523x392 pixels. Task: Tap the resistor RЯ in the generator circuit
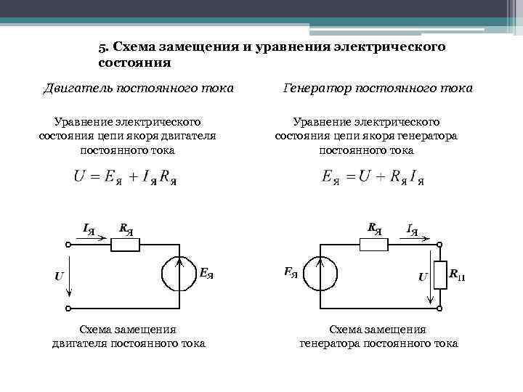pos(374,245)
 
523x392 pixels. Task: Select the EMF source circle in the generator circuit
pos(320,274)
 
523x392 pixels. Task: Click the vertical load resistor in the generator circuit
pos(439,274)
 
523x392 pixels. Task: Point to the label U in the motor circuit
pos(58,276)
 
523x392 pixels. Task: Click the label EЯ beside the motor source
pos(206,274)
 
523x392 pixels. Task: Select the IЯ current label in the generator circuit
pos(412,230)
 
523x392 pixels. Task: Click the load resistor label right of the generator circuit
pos(457,274)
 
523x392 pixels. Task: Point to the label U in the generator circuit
pos(422,277)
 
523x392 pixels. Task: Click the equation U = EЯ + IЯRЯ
pos(125,177)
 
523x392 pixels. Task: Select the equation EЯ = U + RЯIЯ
pos(373,177)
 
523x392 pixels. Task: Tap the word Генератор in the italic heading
pos(314,89)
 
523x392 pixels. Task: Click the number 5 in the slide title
pos(102,47)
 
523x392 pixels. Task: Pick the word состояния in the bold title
pos(135,62)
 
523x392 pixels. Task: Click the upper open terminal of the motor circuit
pos(68,245)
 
